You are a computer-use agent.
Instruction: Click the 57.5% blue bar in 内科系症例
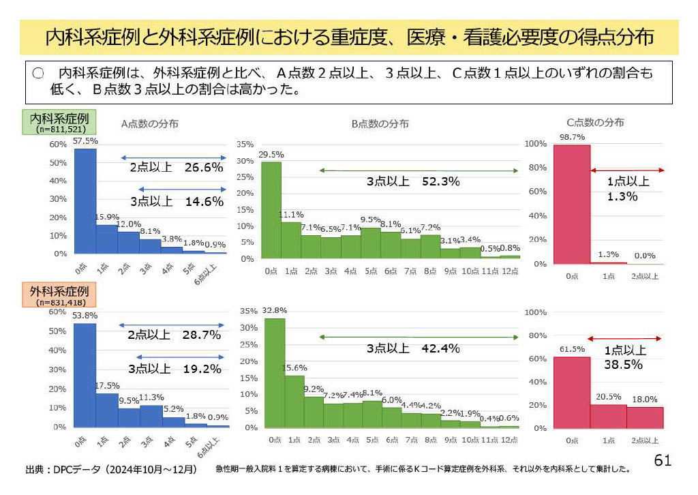click(x=85, y=201)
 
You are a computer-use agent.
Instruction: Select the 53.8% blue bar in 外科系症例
click(x=85, y=375)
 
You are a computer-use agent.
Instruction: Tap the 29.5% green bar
click(x=271, y=211)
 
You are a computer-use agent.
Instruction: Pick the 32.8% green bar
click(x=275, y=373)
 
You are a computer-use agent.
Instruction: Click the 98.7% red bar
click(x=572, y=204)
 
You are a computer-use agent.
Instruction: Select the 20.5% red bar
click(x=609, y=416)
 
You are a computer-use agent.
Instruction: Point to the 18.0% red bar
click(x=646, y=417)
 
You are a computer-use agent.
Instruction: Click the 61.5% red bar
click(x=572, y=393)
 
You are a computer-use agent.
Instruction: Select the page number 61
click(x=663, y=460)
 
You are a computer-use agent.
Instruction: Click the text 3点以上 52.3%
click(x=413, y=181)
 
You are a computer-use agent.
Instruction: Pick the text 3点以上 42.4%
click(x=413, y=348)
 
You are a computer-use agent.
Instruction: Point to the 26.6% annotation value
click(x=204, y=167)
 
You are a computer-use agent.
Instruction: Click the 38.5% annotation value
click(x=623, y=365)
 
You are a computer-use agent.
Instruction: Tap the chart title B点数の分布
click(x=380, y=123)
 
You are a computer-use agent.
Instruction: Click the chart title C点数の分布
click(x=595, y=123)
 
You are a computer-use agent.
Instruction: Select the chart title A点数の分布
click(x=150, y=123)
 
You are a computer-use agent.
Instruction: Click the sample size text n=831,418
click(x=59, y=303)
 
